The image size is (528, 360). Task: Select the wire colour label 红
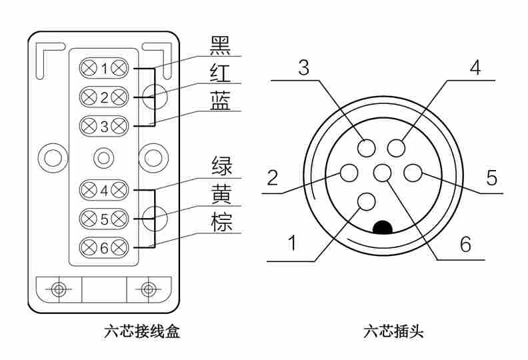(x=221, y=73)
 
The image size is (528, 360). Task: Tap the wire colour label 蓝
(x=221, y=101)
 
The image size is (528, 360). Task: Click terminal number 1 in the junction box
(x=104, y=68)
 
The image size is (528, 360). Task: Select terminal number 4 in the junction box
(x=104, y=190)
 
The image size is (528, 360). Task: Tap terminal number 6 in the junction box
(x=104, y=248)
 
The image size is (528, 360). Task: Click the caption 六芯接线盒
(x=143, y=331)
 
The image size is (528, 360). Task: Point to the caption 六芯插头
(x=393, y=331)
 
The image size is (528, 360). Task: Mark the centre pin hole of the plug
(x=382, y=173)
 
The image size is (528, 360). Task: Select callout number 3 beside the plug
(x=303, y=68)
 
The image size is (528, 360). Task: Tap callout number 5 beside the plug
(x=491, y=177)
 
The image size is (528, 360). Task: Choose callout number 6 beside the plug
(x=465, y=245)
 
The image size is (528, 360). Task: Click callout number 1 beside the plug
(x=292, y=244)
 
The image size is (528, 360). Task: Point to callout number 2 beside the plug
(x=272, y=177)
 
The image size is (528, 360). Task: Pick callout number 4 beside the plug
(x=475, y=68)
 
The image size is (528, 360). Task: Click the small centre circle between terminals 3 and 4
(x=103, y=157)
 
